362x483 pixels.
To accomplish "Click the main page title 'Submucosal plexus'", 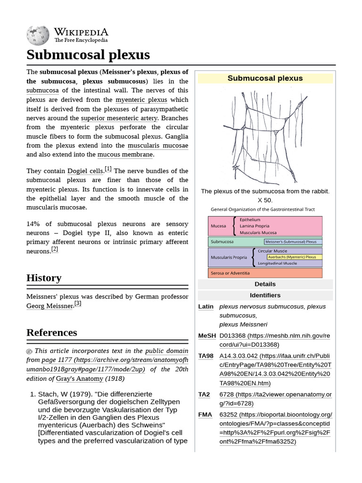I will click(x=88, y=55).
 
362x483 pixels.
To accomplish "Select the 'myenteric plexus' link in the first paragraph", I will click(x=141, y=100).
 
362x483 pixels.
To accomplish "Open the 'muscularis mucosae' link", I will click(x=158, y=146).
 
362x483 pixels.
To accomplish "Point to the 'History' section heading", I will click(x=44, y=278).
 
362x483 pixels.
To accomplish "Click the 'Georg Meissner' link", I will click(x=49, y=306).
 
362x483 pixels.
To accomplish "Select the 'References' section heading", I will click(x=51, y=332).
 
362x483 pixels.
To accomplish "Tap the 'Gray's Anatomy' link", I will click(x=79, y=378).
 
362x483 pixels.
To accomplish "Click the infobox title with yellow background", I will click(x=265, y=78).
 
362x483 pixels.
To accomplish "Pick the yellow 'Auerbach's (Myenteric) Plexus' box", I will click(x=295, y=257).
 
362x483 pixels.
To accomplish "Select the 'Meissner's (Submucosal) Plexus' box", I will click(x=293, y=241).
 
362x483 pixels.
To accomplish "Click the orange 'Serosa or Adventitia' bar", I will click(x=265, y=273).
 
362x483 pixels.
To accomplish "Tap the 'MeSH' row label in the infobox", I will click(x=207, y=336).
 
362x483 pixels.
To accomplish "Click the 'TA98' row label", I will click(x=206, y=356).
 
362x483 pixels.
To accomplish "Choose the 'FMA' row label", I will click(x=205, y=415).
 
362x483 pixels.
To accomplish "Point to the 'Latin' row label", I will click(x=206, y=307).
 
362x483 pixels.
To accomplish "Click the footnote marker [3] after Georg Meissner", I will click(x=78, y=304).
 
